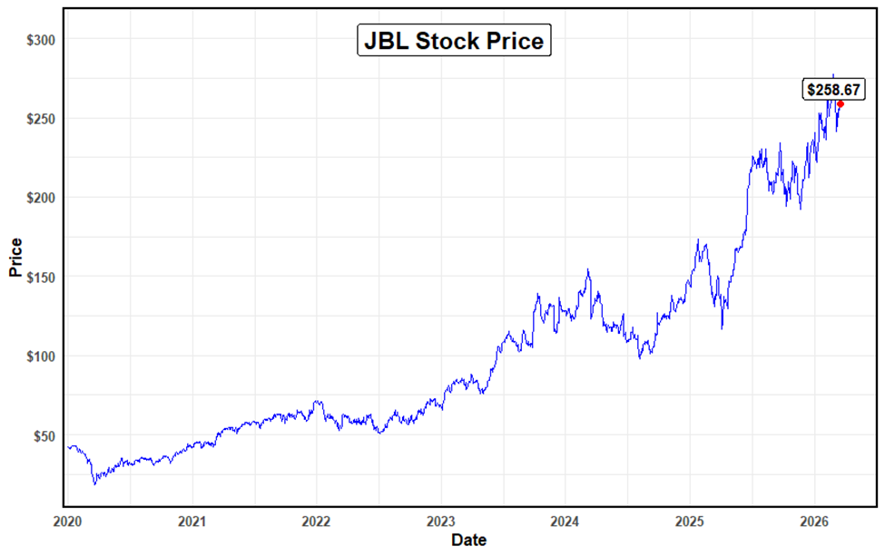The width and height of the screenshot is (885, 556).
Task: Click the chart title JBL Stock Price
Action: [454, 41]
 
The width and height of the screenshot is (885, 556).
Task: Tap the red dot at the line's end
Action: [841, 103]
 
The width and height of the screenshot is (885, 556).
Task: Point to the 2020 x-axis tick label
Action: [68, 522]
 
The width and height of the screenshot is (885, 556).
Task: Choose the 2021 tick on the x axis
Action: [192, 522]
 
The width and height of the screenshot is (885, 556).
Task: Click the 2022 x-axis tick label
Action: [316, 522]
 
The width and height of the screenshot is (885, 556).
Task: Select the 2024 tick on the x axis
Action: [565, 522]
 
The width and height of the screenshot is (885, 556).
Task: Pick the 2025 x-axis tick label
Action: [689, 522]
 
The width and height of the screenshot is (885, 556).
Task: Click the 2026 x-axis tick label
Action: [813, 522]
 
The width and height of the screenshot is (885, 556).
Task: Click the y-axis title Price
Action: [15, 257]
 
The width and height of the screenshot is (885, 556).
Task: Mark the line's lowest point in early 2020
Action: [94, 483]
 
